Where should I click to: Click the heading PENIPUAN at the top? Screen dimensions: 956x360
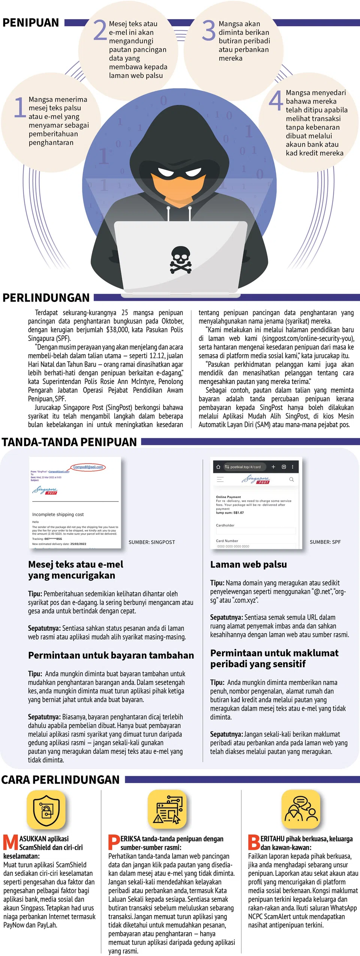[x=31, y=23]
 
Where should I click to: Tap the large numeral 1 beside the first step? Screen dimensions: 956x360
[x=19, y=107]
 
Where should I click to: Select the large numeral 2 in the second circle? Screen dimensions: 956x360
[x=100, y=30]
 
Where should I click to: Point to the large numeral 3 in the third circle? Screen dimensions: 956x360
[x=208, y=30]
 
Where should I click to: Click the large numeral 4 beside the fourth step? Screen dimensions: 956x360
[x=276, y=101]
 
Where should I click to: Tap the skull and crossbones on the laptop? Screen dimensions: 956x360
[x=181, y=260]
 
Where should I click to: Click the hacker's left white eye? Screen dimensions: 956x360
[x=166, y=173]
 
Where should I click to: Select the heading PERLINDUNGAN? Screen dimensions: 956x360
[x=46, y=298]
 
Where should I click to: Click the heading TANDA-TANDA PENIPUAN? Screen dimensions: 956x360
[x=69, y=442]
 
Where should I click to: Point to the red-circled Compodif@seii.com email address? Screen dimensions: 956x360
[x=88, y=467]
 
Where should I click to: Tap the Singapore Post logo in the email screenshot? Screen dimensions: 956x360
[x=45, y=490]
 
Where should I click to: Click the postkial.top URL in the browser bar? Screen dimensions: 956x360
[x=245, y=467]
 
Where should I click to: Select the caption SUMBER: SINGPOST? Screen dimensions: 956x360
[x=151, y=542]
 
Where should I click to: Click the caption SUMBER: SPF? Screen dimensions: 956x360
[x=325, y=542]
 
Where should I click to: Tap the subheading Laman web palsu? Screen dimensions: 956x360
[x=248, y=564]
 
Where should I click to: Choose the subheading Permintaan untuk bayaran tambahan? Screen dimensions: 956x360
[x=111, y=655]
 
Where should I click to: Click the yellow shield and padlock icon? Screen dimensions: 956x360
[x=46, y=810]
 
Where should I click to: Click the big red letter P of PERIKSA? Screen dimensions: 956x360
[x=114, y=842]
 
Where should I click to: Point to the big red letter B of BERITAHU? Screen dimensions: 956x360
[x=254, y=842]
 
